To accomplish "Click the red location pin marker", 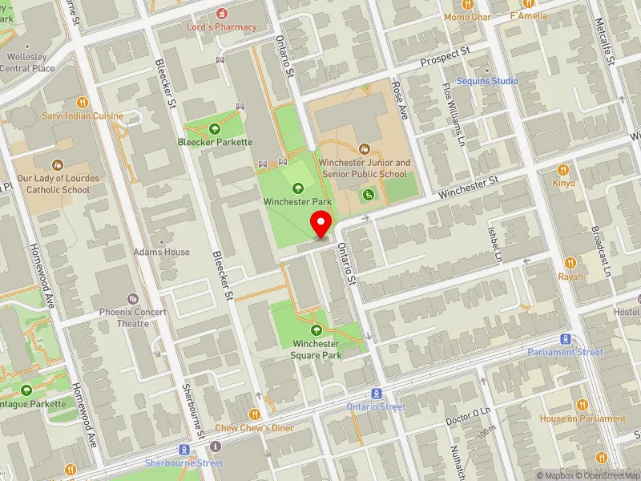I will coord(322,224).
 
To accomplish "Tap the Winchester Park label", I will coord(298,202).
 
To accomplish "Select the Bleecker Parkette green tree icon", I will coord(215,128).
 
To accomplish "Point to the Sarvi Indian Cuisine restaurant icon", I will coord(82,103).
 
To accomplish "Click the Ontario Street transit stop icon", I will coord(376,394).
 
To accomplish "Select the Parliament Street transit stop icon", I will coord(566,339).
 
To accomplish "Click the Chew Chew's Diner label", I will coord(254,428).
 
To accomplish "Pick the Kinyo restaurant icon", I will coord(563,170).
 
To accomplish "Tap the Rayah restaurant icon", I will coord(570,263).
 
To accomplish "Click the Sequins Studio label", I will coord(487,81).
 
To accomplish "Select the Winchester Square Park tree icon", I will coord(316,329).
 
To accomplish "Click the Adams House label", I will coord(162,252).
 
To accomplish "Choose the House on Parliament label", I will coord(583,418).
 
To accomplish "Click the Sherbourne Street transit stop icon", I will coord(184,450).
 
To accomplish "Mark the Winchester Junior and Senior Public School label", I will coord(365,168).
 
